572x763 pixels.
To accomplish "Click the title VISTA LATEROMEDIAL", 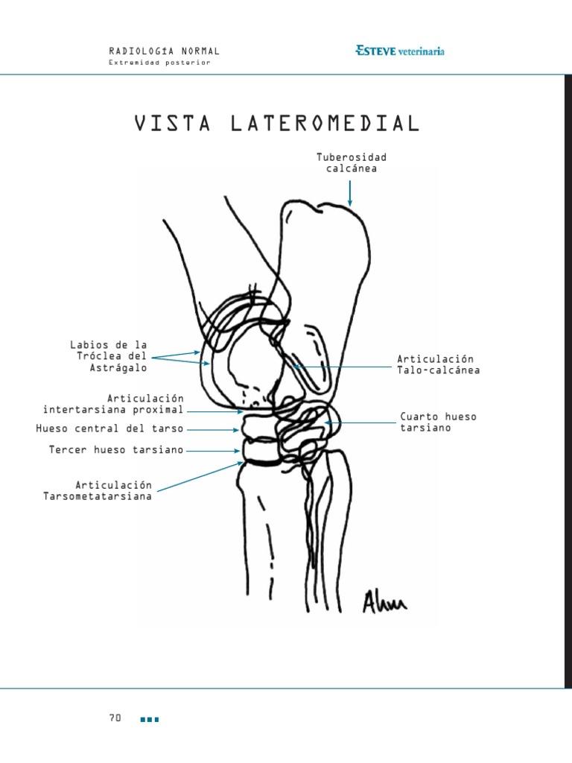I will [277, 124].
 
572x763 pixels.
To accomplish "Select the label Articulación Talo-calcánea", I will [438, 365].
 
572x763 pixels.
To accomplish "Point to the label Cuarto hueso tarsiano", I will [438, 422].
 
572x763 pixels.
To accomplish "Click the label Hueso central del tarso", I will [109, 429].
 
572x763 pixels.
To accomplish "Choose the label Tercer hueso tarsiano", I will [116, 450].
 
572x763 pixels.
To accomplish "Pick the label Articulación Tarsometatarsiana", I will [98, 490].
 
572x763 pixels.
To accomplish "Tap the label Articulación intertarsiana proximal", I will [113, 404].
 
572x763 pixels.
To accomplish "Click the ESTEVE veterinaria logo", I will [400, 51].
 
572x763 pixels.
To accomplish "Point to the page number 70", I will [115, 718].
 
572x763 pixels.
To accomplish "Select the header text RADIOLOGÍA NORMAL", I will [164, 51].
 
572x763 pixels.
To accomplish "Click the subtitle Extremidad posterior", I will [159, 63].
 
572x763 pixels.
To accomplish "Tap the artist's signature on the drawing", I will [384, 601].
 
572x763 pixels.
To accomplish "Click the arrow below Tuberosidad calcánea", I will [350, 192].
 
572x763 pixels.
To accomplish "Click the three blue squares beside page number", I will [150, 719].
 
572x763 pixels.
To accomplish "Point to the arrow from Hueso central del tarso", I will [214, 429].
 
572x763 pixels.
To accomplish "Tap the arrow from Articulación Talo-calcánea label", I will [343, 366].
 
